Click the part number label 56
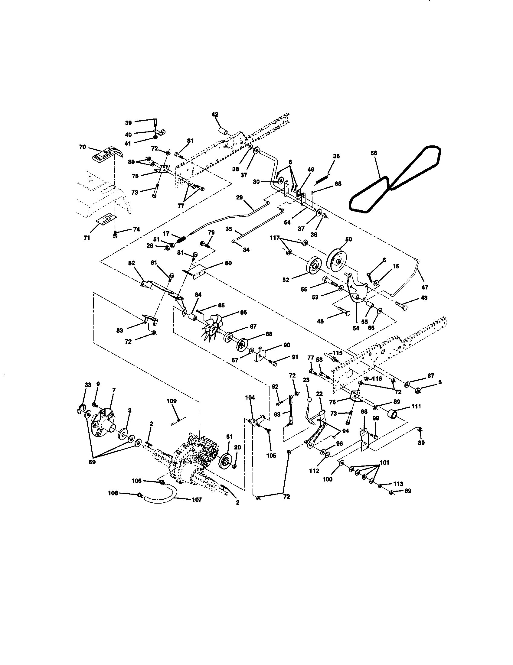point(374,153)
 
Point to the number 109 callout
point(172,401)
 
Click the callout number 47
point(425,287)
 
